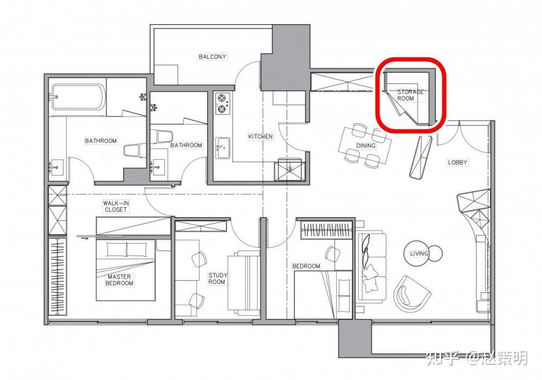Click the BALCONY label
click(x=212, y=56)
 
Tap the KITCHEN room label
click(x=260, y=136)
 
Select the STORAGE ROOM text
click(x=410, y=95)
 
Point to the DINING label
click(x=366, y=146)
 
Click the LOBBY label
click(x=457, y=162)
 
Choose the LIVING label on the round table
click(x=419, y=254)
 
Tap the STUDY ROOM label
click(x=217, y=279)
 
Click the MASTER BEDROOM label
click(x=119, y=280)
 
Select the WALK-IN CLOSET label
click(x=116, y=206)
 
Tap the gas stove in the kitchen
click(x=222, y=103)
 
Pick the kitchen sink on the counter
click(x=223, y=148)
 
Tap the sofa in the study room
click(x=243, y=283)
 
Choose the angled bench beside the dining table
click(x=421, y=158)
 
